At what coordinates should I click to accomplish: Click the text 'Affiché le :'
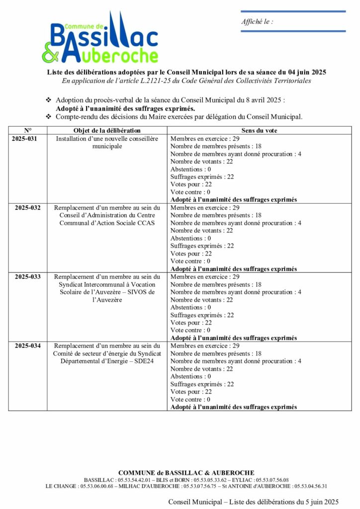(257, 21)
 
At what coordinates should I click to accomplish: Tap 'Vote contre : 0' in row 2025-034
(190, 399)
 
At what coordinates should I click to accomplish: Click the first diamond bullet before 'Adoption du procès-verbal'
(48, 100)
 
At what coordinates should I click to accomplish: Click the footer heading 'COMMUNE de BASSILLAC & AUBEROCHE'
(186, 473)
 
